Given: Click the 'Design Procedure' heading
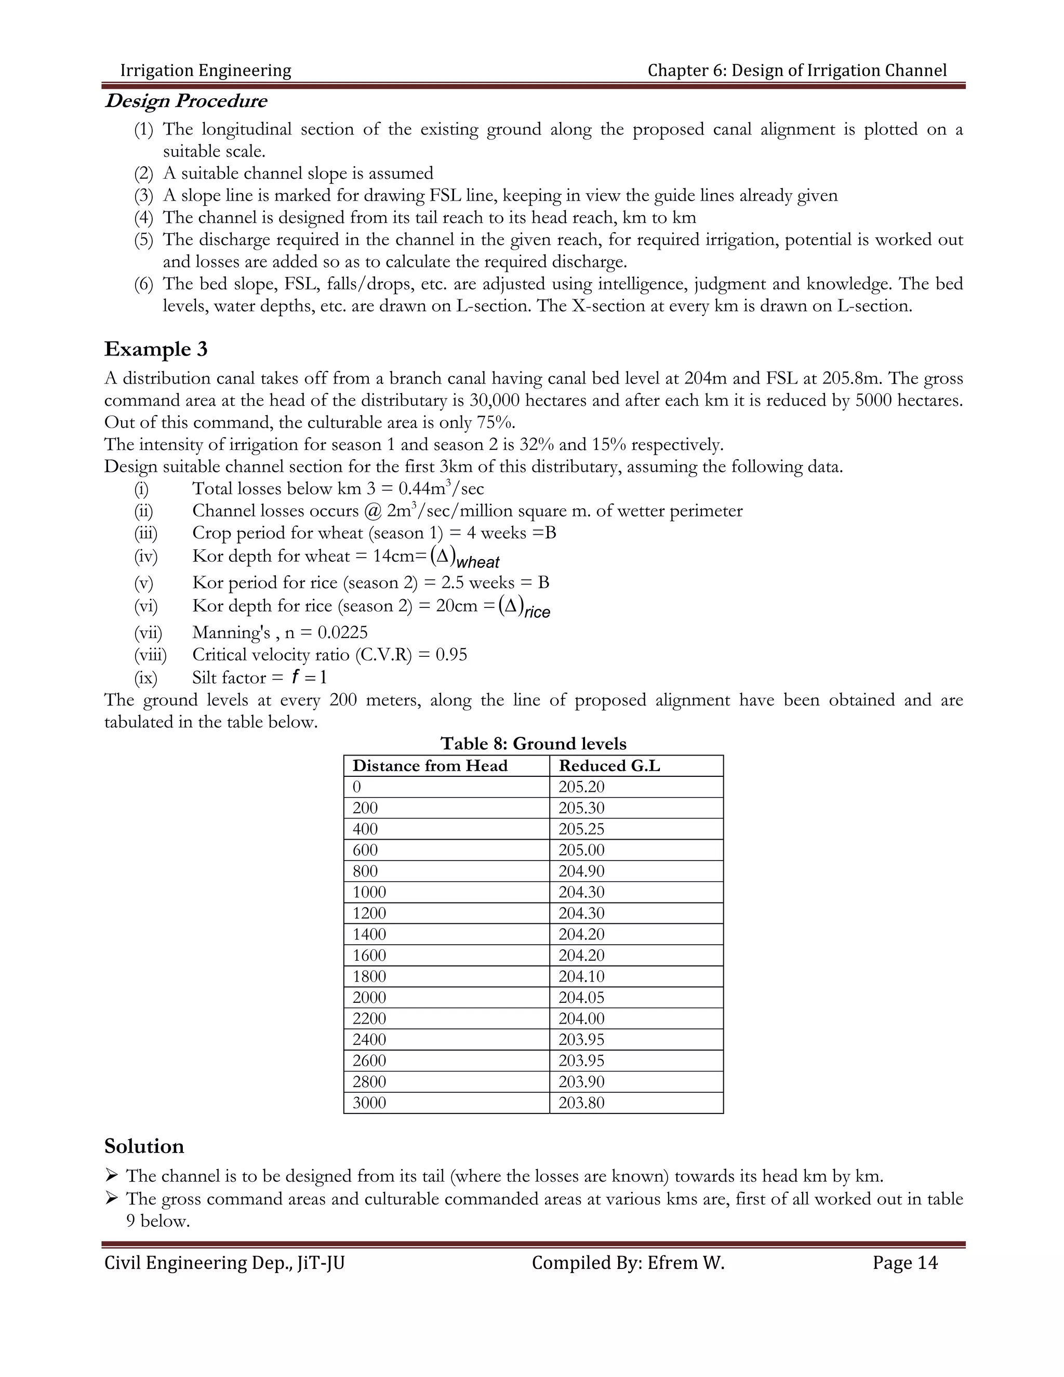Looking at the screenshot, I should (x=185, y=101).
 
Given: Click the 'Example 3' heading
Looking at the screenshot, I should (x=156, y=349).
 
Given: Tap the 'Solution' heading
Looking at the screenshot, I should (x=144, y=1146).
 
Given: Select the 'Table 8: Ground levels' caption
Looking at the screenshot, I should (x=533, y=744).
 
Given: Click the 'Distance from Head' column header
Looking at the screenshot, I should (x=430, y=765).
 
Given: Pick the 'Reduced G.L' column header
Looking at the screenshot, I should (x=609, y=765).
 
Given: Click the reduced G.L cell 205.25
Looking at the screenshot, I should (x=581, y=829).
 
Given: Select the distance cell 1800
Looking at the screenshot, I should (x=369, y=976).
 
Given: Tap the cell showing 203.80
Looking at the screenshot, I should (x=581, y=1103).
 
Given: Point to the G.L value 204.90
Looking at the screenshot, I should (x=581, y=871).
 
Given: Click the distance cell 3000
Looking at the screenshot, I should (x=369, y=1103).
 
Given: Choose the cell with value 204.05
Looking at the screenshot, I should (x=581, y=998).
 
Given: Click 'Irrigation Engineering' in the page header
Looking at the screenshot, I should (x=206, y=70).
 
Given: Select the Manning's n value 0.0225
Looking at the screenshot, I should (x=342, y=632).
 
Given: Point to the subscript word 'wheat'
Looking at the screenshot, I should (x=478, y=562).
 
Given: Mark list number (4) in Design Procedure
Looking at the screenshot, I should (x=143, y=218).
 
